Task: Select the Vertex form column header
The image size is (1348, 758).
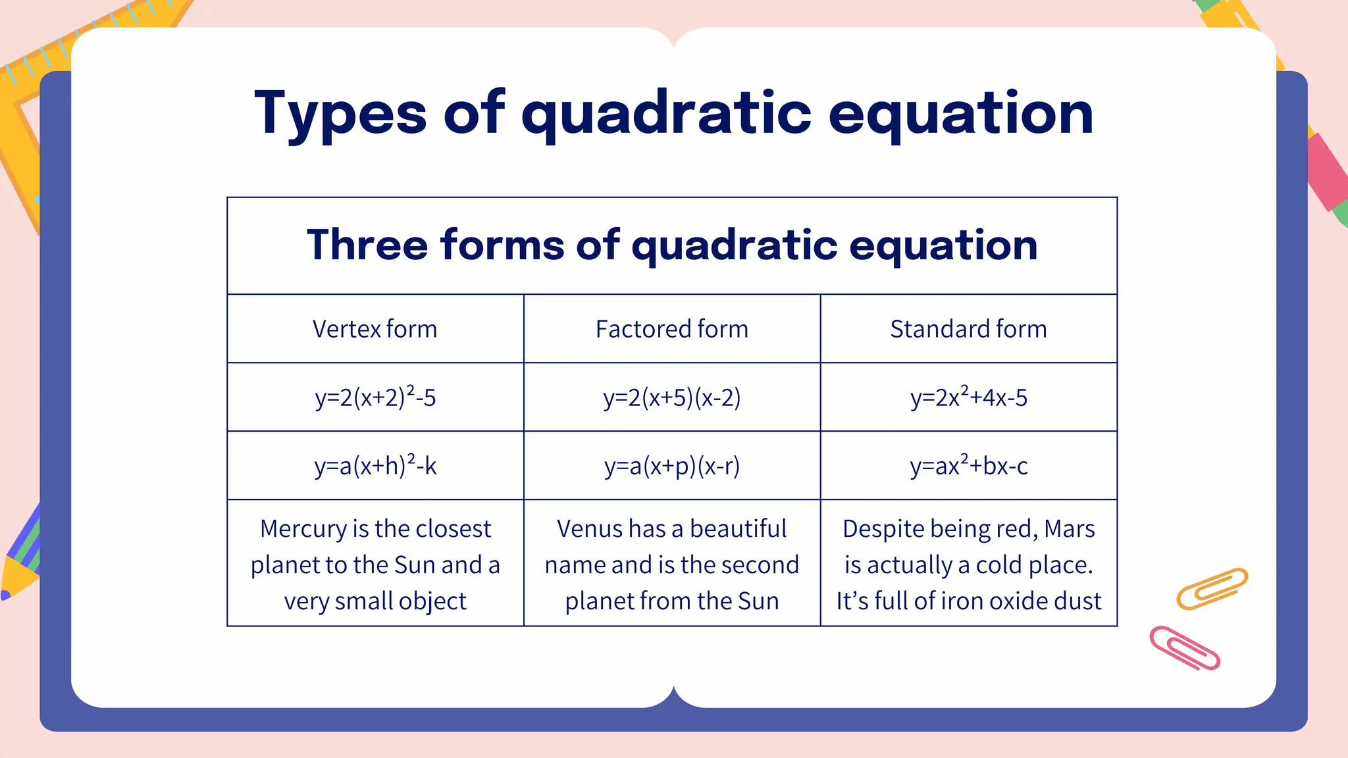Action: (375, 329)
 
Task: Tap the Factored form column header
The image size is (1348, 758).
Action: (671, 329)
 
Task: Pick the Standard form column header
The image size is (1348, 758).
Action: (968, 329)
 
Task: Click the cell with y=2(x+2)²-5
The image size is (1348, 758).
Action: (375, 397)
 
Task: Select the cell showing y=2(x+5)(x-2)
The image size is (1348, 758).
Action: (671, 397)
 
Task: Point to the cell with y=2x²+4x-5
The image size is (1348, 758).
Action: (968, 397)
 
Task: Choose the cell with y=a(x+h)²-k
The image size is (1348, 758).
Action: (375, 466)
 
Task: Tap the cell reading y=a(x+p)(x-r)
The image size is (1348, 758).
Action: (671, 466)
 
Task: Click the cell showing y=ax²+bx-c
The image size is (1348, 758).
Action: (968, 466)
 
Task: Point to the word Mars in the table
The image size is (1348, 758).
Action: (1069, 529)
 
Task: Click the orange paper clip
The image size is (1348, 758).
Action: (1212, 588)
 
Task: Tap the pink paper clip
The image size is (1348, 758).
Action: (1185, 648)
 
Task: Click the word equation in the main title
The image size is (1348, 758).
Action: (960, 114)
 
